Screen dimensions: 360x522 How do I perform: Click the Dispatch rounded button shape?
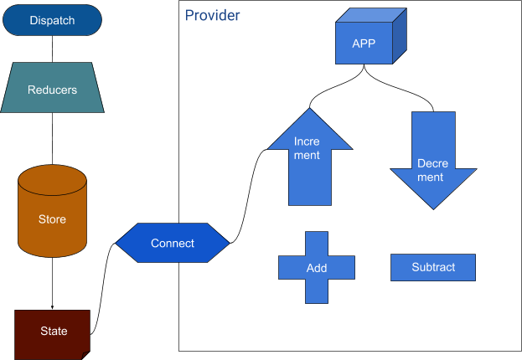(x=52, y=20)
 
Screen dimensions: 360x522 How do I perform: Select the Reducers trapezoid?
(x=52, y=90)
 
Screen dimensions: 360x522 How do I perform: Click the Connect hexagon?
(x=172, y=244)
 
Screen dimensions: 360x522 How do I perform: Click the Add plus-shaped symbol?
(x=317, y=268)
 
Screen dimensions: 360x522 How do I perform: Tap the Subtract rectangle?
(x=433, y=268)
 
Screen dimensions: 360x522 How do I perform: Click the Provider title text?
(x=212, y=15)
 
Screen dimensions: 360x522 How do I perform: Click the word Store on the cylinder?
(x=52, y=220)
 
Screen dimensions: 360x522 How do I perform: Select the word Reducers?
(x=52, y=90)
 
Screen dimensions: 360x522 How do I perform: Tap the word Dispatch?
(x=52, y=20)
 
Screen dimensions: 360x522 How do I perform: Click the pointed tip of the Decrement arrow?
(x=433, y=208)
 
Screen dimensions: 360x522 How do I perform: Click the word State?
(x=54, y=331)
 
